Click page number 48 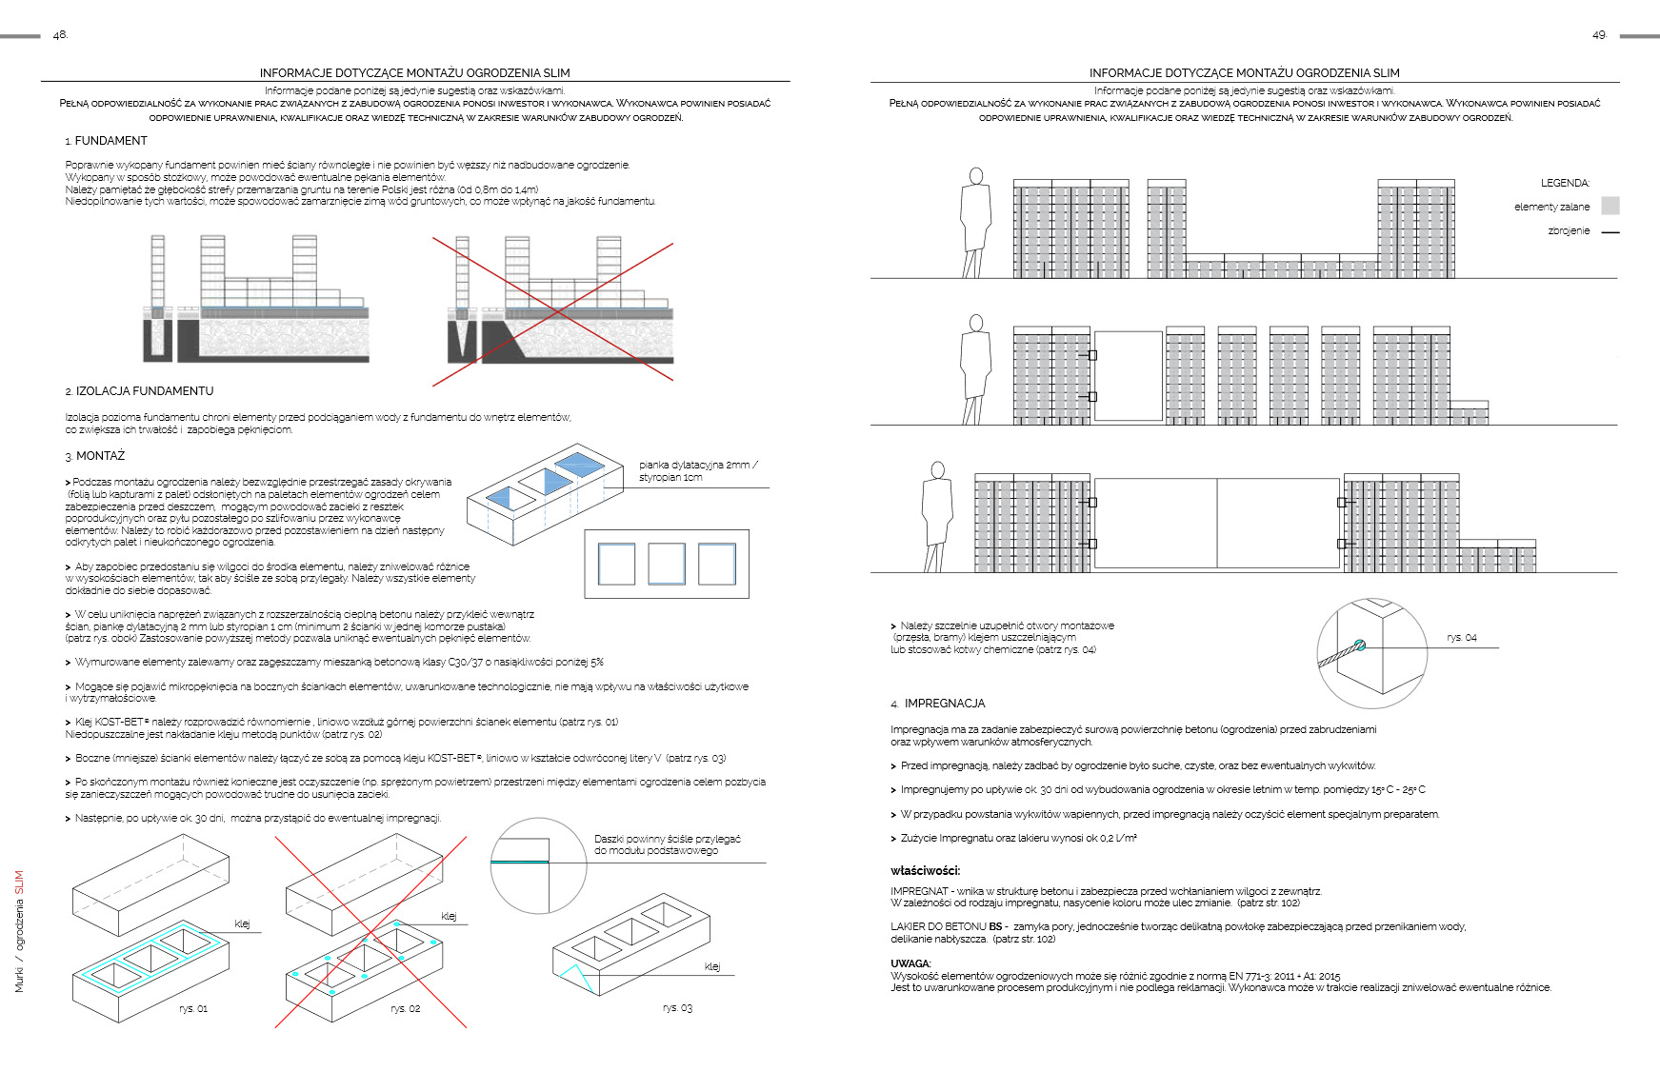(60, 35)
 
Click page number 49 (1598, 35)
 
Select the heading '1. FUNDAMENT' (107, 141)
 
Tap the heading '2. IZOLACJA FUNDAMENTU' (139, 391)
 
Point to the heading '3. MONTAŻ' (95, 456)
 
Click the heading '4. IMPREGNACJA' (938, 704)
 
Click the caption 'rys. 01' (193, 1008)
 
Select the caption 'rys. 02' (405, 1008)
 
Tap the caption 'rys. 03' (677, 1007)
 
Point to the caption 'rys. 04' (1462, 638)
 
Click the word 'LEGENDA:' (1565, 183)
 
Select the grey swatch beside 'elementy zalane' (1610, 206)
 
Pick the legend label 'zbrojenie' (1569, 230)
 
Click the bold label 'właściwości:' (925, 870)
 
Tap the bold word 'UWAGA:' (910, 963)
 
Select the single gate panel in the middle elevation (1129, 376)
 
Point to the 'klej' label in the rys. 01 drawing (243, 923)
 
